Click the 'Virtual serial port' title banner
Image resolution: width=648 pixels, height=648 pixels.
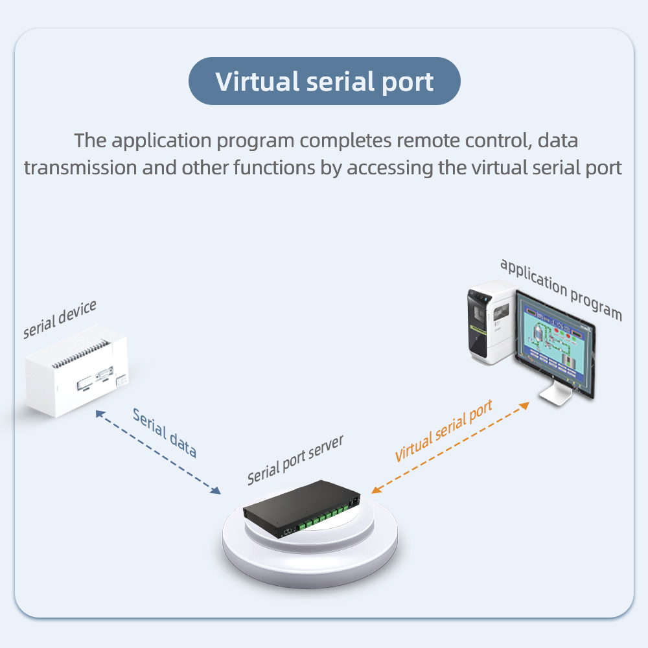[324, 82]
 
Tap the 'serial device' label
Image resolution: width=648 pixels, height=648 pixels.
[60, 319]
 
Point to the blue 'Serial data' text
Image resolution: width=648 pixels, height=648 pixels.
[164, 433]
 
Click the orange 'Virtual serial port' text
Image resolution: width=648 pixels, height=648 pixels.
[444, 430]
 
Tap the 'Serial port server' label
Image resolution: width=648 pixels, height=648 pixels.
[295, 459]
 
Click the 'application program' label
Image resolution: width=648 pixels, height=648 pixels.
[561, 289]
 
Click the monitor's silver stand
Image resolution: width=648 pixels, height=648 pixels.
[556, 393]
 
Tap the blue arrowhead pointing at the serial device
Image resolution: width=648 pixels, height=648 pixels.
[99, 413]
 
